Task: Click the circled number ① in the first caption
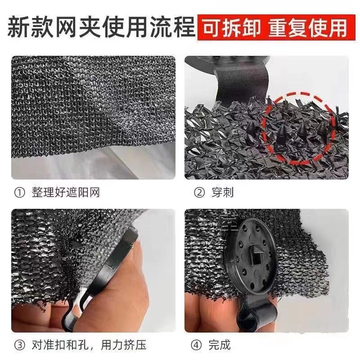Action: pos(19,193)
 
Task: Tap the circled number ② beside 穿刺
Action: pos(199,193)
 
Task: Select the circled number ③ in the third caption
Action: pos(19,346)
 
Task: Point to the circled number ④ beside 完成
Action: pos(199,346)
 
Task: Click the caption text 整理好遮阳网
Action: pos(66,193)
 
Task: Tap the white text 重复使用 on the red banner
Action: pos(308,28)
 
